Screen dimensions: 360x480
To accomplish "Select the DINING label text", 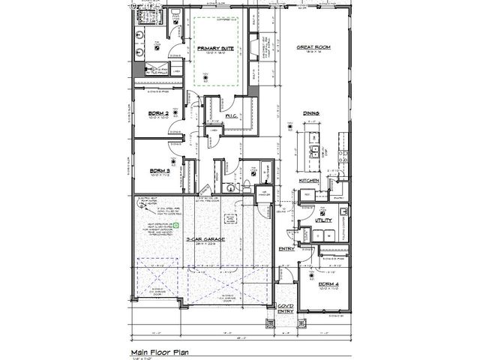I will point(312,113).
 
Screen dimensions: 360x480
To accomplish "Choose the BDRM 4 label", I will point(328,284).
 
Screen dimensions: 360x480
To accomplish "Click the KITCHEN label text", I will point(311,181).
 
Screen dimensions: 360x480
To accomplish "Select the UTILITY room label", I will point(323,220).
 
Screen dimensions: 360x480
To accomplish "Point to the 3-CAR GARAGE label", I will point(202,240).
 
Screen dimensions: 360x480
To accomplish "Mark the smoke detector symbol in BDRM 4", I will point(324,272).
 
